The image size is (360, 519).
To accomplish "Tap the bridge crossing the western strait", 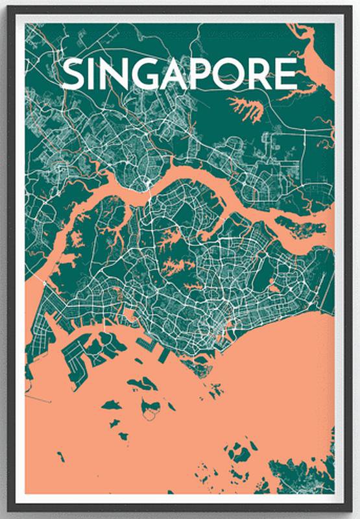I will [x=43, y=282].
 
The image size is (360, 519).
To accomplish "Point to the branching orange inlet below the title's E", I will [x=246, y=108].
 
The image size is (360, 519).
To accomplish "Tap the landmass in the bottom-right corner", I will [x=305, y=474].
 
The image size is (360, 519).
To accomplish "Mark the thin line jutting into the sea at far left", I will [x=39, y=396].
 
